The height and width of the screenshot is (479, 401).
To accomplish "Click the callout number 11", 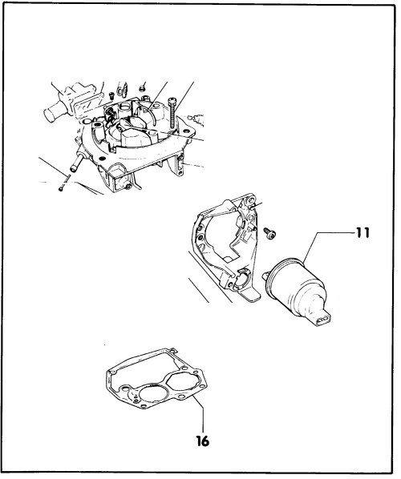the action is (x=363, y=233).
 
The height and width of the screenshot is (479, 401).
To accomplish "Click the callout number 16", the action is (x=202, y=441).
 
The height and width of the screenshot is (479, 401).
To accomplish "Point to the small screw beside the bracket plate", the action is (x=270, y=233).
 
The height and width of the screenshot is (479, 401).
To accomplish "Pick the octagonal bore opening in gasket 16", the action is (x=183, y=382).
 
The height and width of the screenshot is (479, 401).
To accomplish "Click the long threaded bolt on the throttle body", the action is (x=173, y=111).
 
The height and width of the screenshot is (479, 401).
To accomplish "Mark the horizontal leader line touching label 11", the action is (x=335, y=233).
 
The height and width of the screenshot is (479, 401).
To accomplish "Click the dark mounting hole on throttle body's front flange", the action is (x=103, y=158).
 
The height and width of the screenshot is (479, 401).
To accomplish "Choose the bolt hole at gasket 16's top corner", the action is (x=172, y=350).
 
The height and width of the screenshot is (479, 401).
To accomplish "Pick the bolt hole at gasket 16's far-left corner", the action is (x=112, y=372).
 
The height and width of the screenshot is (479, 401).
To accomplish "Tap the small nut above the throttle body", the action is (x=141, y=89).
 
